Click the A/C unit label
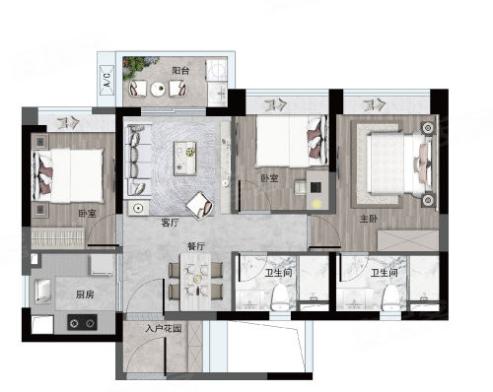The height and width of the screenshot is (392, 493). pos(106,80)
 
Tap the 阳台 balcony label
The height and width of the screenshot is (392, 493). pos(180,70)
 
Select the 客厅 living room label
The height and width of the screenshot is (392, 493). pos(171,223)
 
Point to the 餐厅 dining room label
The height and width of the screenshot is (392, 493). pos(196,246)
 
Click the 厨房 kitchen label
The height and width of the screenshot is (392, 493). pos(85,294)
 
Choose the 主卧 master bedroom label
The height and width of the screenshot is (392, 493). pos(369,219)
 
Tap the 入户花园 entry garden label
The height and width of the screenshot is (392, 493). pos(164,328)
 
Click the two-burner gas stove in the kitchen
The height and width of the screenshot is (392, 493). pos(82,322)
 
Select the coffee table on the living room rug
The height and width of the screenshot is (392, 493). pos(185,159)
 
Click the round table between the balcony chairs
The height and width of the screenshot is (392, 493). pos(158,89)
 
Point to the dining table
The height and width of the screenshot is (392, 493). pos(195,281)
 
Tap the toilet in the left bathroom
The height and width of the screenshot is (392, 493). pos(280,296)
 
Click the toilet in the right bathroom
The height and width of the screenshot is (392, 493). pos(390,296)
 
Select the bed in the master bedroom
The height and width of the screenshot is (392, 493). pos(399,163)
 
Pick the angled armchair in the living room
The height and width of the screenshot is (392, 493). pos(199,205)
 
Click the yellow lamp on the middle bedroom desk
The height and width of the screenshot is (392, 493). pos(317,203)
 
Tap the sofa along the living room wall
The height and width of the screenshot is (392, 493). pos(138,161)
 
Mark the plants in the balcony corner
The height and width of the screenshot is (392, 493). pos(140,67)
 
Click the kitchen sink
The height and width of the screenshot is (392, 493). pos(42,291)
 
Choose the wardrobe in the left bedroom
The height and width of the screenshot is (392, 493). pos(58,237)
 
